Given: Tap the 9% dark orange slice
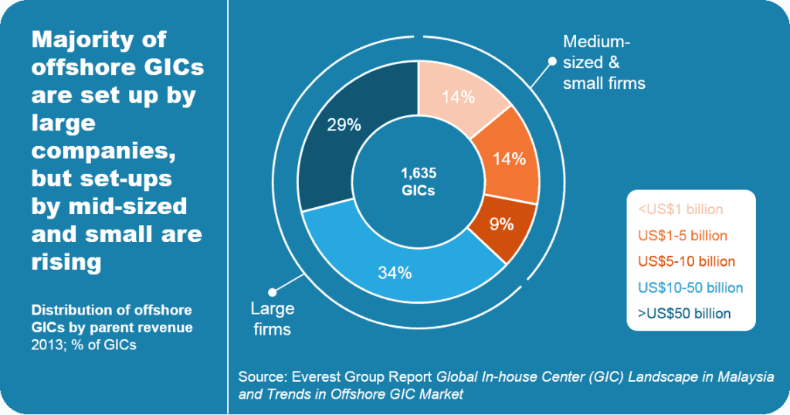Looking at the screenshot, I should (x=502, y=225).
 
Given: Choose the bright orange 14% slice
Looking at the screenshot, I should (x=509, y=159).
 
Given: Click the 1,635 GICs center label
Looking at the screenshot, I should (x=418, y=182).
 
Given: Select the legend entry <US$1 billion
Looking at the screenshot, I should (x=680, y=209).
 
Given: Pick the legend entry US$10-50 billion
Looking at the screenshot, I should (x=690, y=287).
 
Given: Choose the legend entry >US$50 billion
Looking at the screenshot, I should (x=684, y=314).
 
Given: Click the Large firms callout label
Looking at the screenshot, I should (x=273, y=318).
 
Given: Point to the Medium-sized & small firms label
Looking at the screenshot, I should (x=603, y=62).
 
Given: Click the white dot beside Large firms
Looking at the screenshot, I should (x=271, y=292).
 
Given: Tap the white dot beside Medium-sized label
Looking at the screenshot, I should (x=551, y=61).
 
